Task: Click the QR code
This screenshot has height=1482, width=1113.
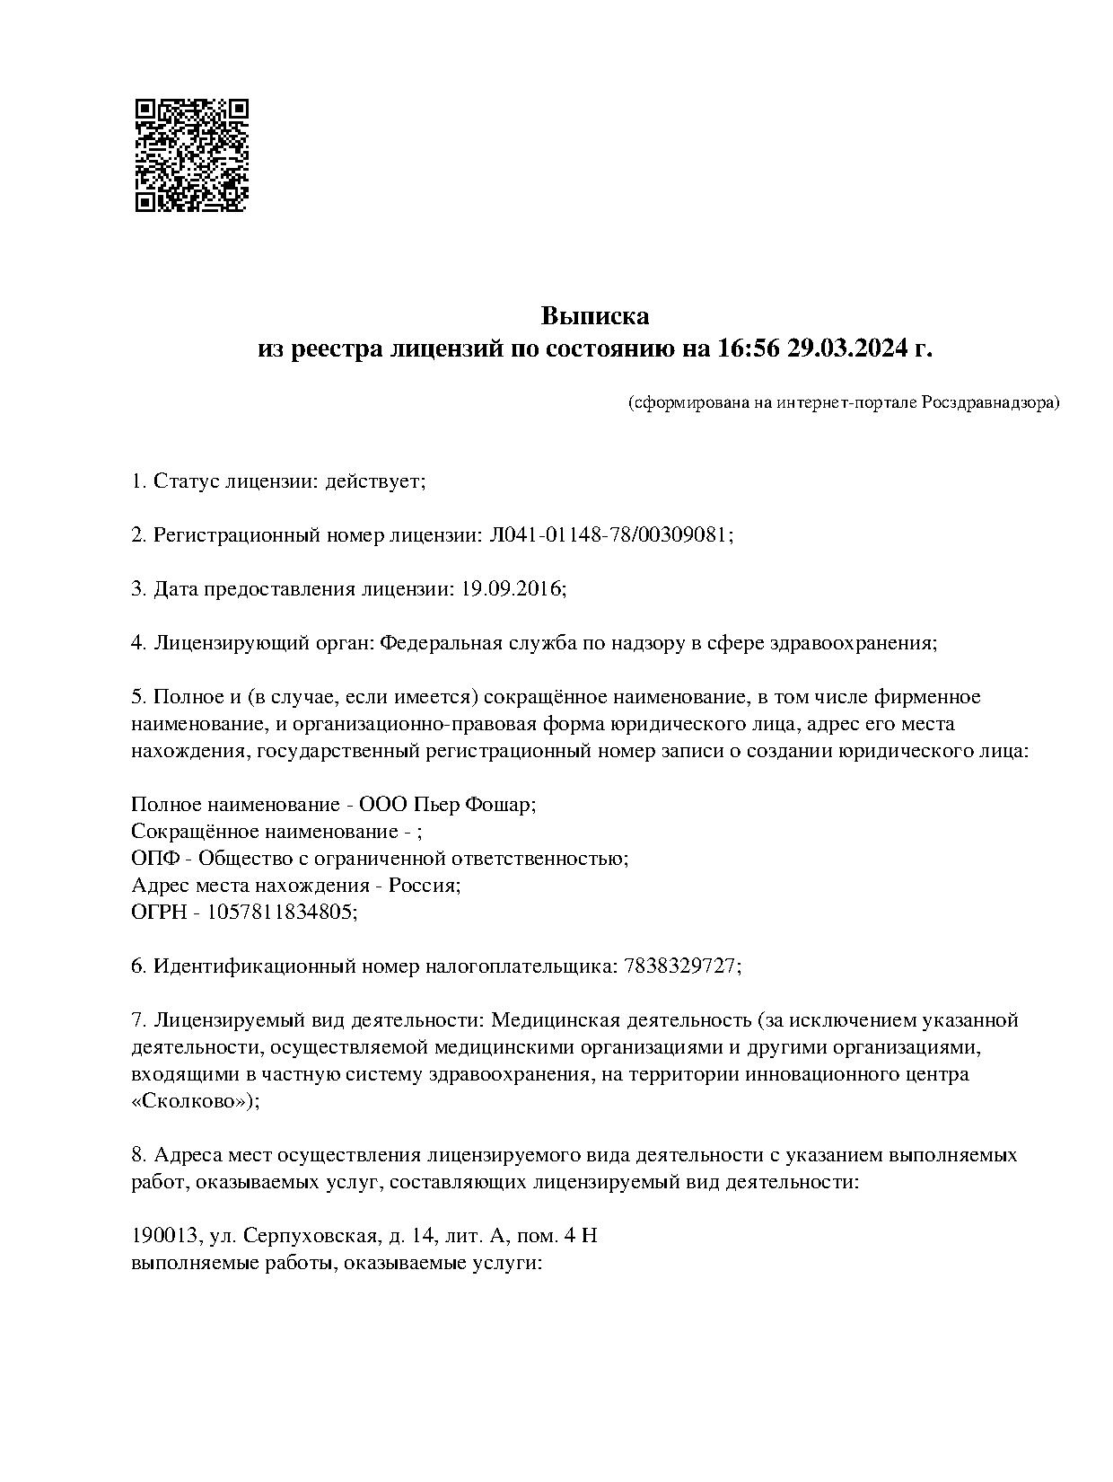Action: [x=191, y=155]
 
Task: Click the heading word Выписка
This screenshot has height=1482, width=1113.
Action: [x=594, y=316]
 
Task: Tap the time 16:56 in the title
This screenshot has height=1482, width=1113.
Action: [x=749, y=348]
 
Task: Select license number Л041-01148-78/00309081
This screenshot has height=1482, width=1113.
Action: [x=609, y=535]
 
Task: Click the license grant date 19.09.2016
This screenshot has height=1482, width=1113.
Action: [x=513, y=589]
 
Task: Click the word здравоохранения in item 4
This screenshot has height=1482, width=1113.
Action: [x=854, y=643]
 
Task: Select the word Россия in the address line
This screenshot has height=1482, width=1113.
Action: [x=427, y=886]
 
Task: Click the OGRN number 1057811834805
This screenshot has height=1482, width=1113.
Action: [x=281, y=913]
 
